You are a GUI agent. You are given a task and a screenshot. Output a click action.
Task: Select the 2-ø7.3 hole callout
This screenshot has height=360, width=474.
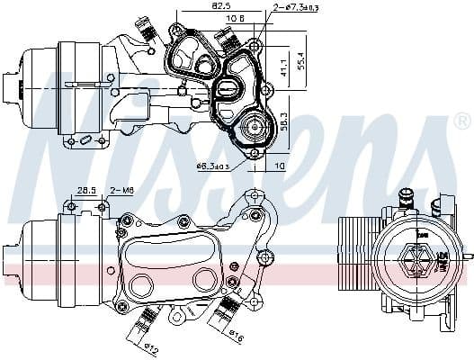[x=276, y=7]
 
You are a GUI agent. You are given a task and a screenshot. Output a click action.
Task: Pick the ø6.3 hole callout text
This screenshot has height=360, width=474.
[x=213, y=166]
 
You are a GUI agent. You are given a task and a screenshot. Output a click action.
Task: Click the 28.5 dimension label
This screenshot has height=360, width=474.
[x=86, y=191]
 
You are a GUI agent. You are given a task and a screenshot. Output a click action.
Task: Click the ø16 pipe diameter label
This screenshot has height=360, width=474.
[x=236, y=338]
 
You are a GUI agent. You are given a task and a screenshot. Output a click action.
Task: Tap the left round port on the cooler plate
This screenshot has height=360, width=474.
[x=141, y=286]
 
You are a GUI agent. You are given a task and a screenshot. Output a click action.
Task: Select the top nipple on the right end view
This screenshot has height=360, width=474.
[x=406, y=195]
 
